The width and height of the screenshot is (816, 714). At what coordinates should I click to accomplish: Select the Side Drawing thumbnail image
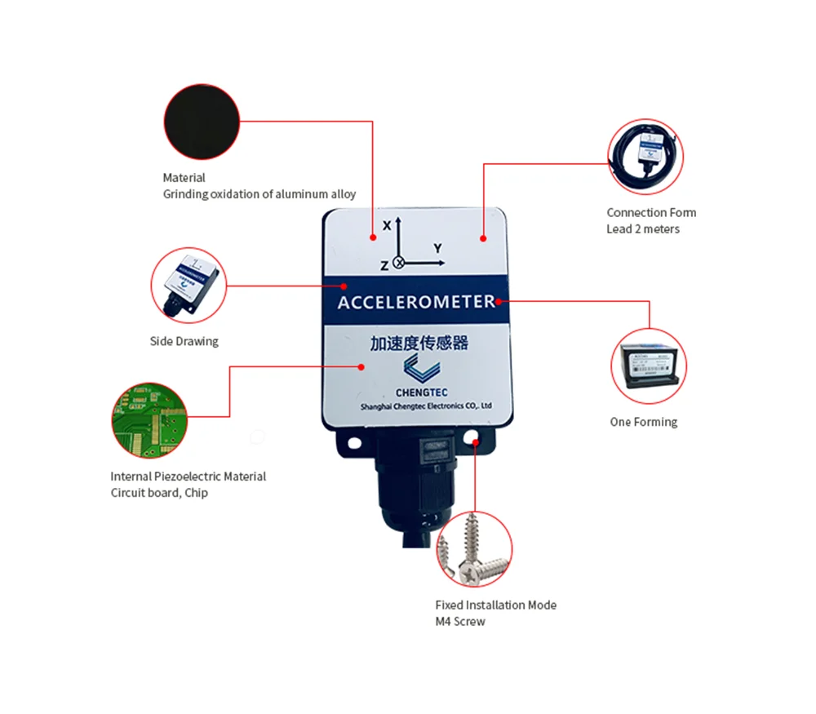coord(188,285)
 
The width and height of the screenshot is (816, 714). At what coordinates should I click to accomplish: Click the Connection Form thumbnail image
coord(645,156)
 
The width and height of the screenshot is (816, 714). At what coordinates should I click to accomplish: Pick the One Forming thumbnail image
coord(650,366)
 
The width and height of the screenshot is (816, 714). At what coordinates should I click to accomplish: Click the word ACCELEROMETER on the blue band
coord(416,302)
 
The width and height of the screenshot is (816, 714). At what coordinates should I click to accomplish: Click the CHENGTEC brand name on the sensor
coord(415,391)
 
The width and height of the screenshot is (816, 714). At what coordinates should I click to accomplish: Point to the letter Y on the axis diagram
coord(437,248)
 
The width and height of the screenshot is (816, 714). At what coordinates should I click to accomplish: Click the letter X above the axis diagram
coord(387,226)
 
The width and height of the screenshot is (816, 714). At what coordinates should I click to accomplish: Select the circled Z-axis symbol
coord(399,263)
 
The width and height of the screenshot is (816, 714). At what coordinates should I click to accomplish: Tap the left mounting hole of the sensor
coord(355,441)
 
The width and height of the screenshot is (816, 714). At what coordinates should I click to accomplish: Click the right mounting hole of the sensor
coord(477,441)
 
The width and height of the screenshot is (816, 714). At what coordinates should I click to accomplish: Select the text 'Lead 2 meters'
coord(643,229)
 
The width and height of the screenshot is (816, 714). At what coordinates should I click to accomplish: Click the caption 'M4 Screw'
coord(460,622)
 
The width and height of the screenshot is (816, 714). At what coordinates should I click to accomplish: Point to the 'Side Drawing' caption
coord(184,341)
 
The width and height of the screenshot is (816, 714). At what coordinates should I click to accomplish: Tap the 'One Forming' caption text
coord(644,422)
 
